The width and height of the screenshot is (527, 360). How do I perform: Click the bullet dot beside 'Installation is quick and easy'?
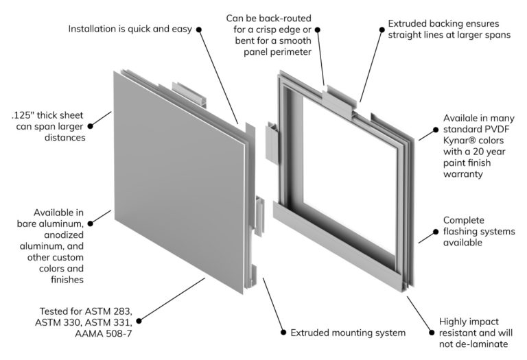coord(199,29)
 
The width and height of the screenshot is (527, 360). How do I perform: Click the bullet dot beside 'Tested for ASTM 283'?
coord(140,320)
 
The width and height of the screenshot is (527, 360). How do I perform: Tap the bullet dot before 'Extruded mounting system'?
coord(283,333)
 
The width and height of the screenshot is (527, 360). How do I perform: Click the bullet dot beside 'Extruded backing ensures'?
coord(382,29)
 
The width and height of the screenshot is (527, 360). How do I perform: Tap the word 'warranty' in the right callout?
coord(464,175)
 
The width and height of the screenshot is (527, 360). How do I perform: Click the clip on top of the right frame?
coord(341,99)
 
